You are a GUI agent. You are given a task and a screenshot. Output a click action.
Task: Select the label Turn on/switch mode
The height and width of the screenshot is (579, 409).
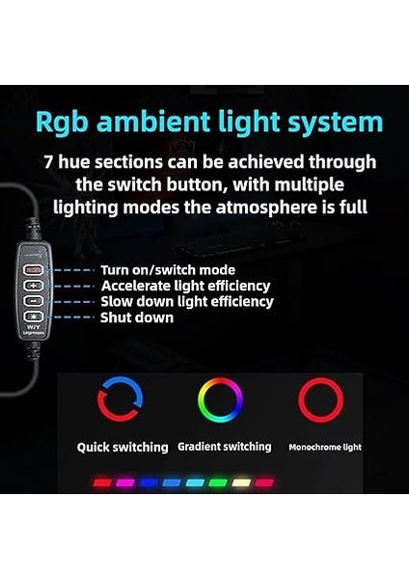(x=166, y=271)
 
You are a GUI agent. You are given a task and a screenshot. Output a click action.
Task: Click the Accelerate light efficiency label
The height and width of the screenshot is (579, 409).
(x=185, y=287)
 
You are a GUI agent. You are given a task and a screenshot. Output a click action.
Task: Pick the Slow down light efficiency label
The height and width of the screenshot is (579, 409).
(x=186, y=302)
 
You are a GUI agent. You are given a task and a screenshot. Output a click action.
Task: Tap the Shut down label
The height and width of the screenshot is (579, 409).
(x=137, y=317)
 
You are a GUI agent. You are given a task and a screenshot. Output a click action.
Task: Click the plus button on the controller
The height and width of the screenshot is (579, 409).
(x=34, y=286)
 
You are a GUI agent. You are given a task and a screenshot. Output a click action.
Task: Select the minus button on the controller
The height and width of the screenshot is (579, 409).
(x=34, y=300)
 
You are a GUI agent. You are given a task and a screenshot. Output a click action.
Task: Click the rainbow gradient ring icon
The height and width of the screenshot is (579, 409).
(x=220, y=400)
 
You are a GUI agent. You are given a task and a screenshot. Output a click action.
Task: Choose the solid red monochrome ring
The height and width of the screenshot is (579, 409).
(x=320, y=400)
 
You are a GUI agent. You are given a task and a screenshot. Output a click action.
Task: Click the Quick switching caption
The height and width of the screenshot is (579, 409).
(x=124, y=448)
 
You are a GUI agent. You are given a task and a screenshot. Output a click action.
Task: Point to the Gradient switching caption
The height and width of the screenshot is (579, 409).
(x=225, y=448)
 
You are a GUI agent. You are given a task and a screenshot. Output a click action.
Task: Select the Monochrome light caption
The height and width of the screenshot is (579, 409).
(x=326, y=448)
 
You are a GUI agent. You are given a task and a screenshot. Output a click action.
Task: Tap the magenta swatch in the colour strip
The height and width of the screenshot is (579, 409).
(x=125, y=482)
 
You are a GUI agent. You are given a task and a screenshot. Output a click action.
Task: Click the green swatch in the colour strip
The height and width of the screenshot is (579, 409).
(x=217, y=482)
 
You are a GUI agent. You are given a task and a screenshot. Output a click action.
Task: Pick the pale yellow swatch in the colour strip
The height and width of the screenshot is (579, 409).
(x=240, y=482)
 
